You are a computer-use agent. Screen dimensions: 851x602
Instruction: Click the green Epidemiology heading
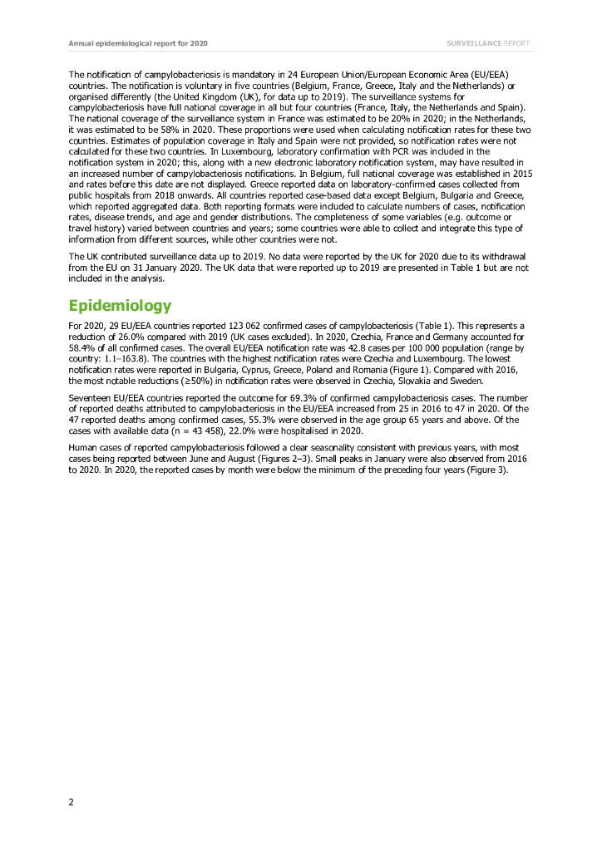coord(120,305)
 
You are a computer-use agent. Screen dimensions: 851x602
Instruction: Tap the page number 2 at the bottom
coord(72,801)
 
